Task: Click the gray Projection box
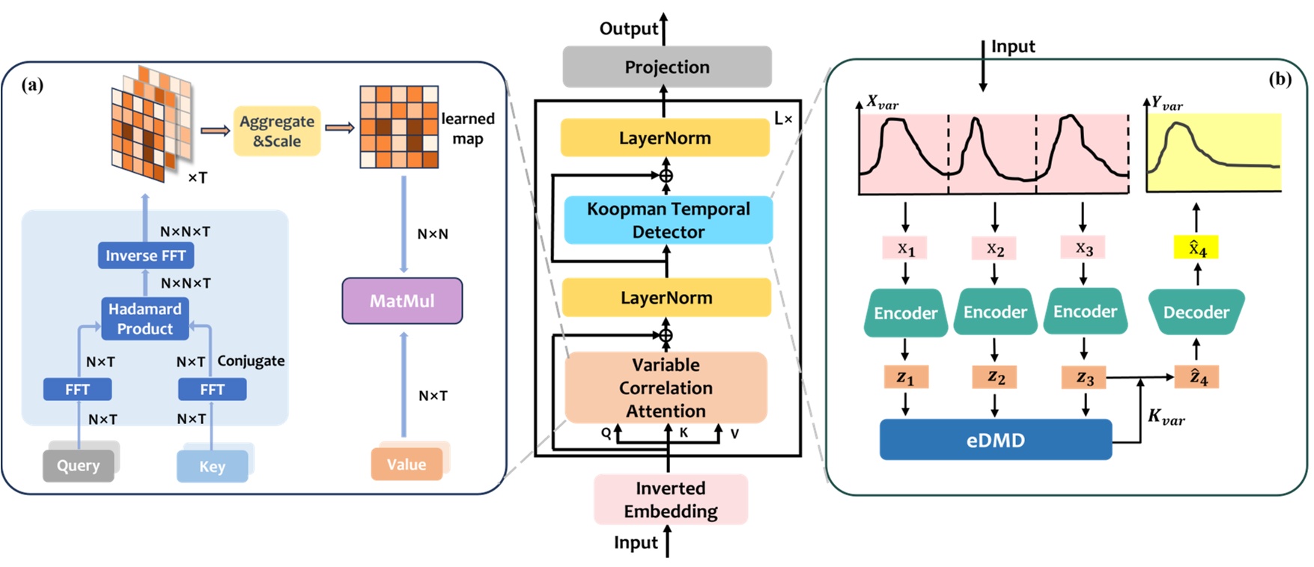[x=666, y=67]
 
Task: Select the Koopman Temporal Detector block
[x=668, y=220]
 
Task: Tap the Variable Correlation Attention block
[x=666, y=387]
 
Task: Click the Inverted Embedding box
[x=670, y=499]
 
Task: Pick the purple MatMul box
[x=402, y=301]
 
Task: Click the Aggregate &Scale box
[x=276, y=131]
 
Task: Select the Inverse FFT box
[x=145, y=255]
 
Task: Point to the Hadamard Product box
[x=145, y=319]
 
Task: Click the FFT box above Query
[x=77, y=389]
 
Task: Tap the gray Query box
[x=78, y=465]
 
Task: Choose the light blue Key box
[x=212, y=466]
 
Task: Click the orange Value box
[x=406, y=465]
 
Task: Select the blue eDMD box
[x=995, y=440]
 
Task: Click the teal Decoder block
[x=1196, y=312]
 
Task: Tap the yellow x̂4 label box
[x=1196, y=248]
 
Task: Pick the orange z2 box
[x=994, y=377]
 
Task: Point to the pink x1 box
[x=905, y=248]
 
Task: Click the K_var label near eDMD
[x=1166, y=417]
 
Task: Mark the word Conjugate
[x=251, y=361]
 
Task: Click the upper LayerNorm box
[x=665, y=138]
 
